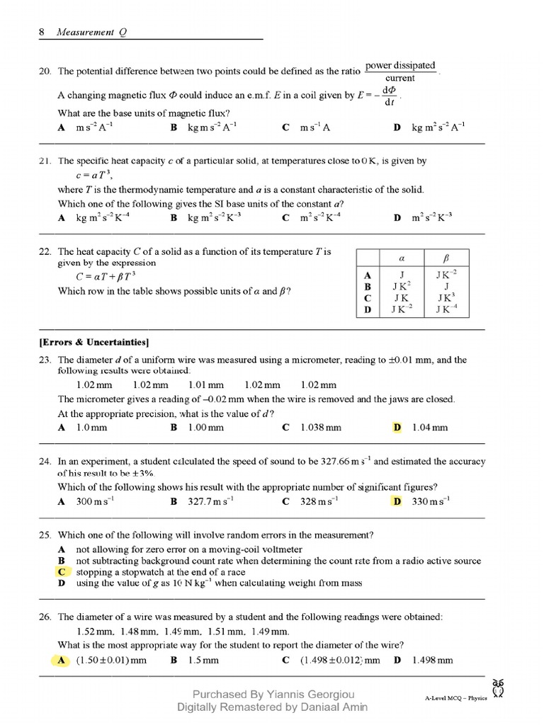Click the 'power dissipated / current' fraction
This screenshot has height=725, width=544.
tap(400, 72)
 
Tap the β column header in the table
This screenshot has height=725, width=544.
tap(446, 258)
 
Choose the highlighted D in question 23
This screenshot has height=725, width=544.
tap(397, 428)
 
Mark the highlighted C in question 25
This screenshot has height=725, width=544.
tap(62, 572)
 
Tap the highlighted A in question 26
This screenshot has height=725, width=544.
tap(62, 661)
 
